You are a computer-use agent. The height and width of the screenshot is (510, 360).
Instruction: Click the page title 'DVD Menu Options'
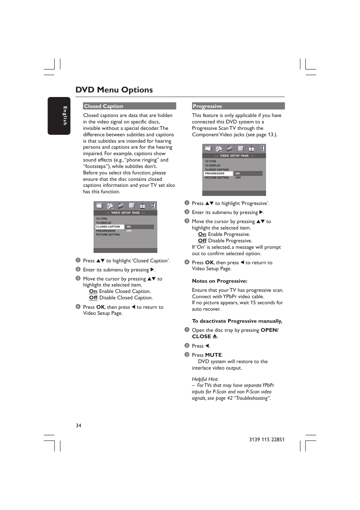114,90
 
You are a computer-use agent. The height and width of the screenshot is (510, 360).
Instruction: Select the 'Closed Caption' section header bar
129,106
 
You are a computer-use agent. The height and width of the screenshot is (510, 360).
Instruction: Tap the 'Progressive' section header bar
238,106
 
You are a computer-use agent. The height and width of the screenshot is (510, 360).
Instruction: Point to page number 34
78,425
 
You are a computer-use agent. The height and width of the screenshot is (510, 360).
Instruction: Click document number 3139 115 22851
266,439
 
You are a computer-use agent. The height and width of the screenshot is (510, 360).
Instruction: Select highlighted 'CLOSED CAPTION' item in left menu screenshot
108,227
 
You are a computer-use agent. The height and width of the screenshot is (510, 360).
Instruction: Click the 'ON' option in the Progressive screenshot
238,174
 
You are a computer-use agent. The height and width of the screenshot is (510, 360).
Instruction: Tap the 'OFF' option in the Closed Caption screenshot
129,231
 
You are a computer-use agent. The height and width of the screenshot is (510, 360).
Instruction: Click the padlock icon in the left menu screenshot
143,205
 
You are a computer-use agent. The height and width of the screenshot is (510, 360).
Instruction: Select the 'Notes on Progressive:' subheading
220,281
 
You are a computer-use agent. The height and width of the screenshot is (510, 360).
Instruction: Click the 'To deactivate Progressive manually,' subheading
237,321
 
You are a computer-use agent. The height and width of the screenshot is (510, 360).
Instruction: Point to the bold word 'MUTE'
213,355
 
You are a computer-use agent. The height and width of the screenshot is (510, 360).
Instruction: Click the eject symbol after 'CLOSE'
215,336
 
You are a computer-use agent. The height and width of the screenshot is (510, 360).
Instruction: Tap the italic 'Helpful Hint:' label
205,379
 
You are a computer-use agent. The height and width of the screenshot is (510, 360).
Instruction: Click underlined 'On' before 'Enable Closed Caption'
93,291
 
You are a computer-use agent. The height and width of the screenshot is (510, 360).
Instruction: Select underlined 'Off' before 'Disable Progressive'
202,241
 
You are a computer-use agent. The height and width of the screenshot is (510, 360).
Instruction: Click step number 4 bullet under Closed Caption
78,307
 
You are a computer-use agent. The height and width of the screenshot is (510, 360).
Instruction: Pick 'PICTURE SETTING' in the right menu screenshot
217,178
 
